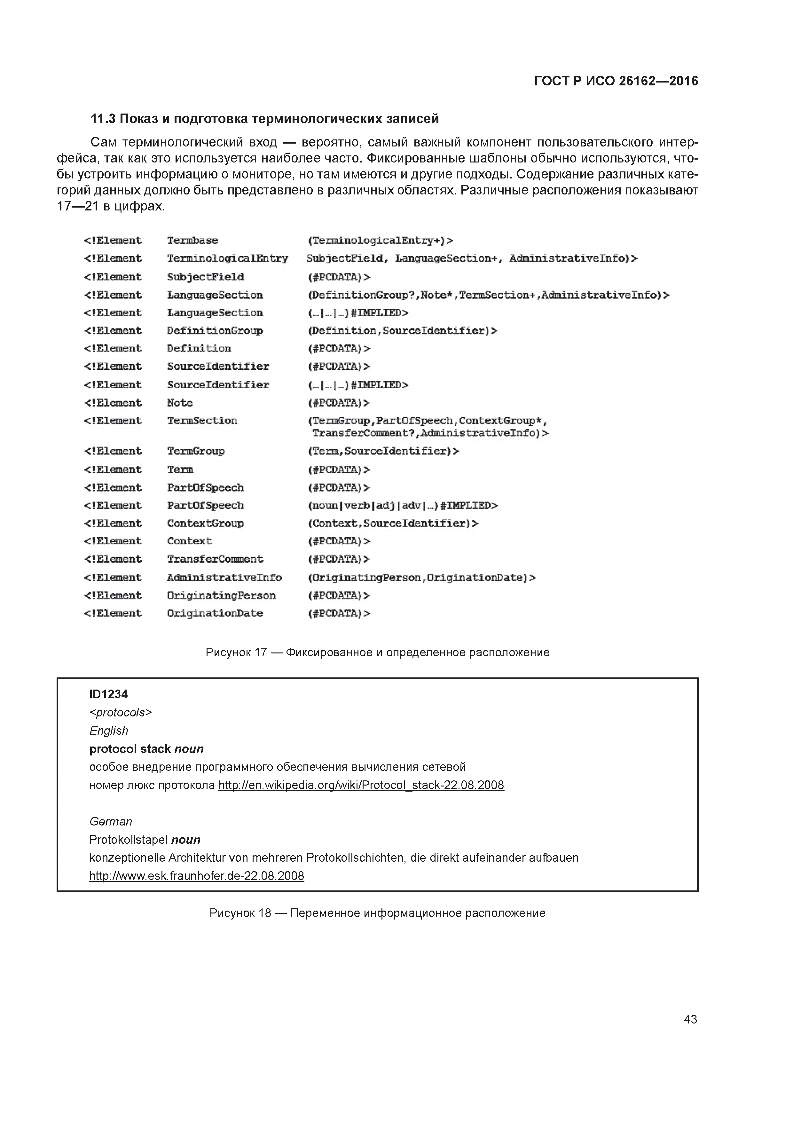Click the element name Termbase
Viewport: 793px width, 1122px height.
coord(192,241)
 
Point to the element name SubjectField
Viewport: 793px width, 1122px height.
coord(205,277)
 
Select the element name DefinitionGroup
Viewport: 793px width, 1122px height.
coord(215,331)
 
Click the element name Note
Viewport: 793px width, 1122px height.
coord(180,403)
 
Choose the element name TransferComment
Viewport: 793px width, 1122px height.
coord(215,559)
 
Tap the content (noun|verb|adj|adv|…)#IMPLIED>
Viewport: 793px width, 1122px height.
coord(402,505)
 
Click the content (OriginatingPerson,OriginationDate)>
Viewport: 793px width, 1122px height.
coord(421,578)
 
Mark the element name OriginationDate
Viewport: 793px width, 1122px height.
coord(215,613)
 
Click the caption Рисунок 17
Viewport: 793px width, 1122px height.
coord(236,652)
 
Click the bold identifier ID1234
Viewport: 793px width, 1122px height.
coord(108,694)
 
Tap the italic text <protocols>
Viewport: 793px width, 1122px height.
coord(121,713)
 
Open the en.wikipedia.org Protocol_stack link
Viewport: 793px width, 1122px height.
coord(361,785)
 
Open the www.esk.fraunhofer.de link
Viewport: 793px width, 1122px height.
coord(196,876)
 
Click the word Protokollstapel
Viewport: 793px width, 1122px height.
coord(129,840)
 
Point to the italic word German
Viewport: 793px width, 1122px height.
coord(110,821)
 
